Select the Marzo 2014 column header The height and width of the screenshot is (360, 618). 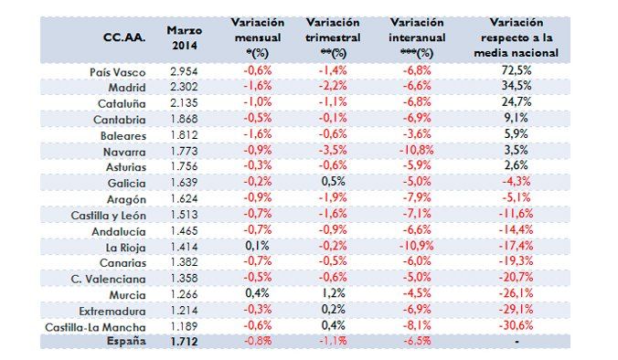[x=184, y=37]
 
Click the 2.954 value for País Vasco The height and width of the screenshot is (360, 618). [x=185, y=71]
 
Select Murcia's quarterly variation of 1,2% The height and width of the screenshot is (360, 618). [x=334, y=294]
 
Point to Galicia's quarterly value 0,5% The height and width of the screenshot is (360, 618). [x=334, y=183]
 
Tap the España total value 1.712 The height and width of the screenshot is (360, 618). [x=185, y=341]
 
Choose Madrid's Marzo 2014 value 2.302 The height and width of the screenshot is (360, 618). [x=185, y=88]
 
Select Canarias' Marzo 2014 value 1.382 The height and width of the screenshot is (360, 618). [x=185, y=262]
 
